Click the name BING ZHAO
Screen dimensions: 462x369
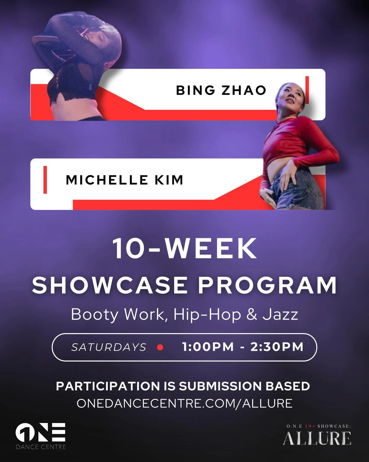click(x=221, y=90)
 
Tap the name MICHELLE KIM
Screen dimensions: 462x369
click(x=125, y=180)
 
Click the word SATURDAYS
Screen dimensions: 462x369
click(x=109, y=347)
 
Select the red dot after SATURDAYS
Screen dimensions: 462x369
click(x=160, y=347)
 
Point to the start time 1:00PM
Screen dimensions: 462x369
click(x=208, y=347)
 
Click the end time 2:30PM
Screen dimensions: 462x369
click(x=277, y=347)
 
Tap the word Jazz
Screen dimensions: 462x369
click(x=280, y=314)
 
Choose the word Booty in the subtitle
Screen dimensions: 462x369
click(x=94, y=314)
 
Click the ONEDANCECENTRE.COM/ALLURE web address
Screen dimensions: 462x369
click(x=184, y=403)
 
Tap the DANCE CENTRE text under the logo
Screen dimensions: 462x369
click(x=41, y=447)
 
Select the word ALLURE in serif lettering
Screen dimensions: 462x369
click(x=317, y=439)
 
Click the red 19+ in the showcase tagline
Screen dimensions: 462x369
click(x=310, y=426)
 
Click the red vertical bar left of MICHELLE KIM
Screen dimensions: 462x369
click(x=45, y=180)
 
